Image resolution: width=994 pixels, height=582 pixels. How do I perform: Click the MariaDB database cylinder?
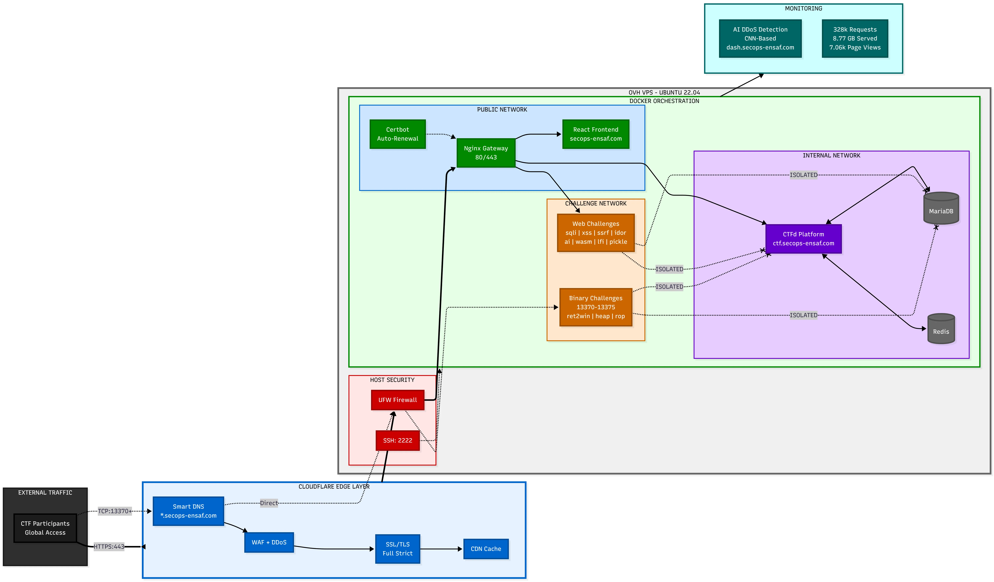click(941, 208)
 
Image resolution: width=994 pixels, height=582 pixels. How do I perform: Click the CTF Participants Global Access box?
click(45, 528)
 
